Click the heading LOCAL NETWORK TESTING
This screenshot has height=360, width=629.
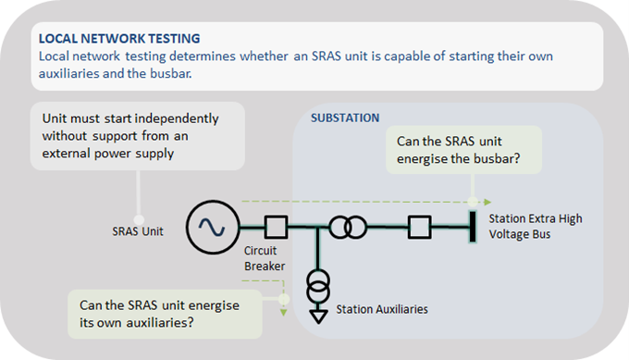(118, 39)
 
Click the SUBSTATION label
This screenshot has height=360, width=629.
(345, 118)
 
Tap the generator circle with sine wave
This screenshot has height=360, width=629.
(210, 225)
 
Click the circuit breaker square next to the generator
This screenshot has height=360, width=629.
(275, 225)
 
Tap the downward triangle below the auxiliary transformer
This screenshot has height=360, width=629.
(318, 315)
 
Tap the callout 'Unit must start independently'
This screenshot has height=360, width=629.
(137, 136)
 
